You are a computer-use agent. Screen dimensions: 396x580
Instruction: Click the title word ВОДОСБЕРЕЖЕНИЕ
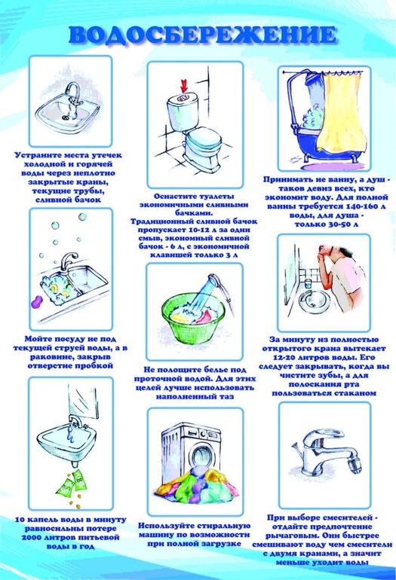tap(203, 35)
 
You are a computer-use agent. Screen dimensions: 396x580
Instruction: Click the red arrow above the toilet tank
tap(184, 84)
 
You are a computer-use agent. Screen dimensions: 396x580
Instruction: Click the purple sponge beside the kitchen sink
tap(37, 302)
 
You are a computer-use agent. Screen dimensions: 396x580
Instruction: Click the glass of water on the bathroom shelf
tap(308, 284)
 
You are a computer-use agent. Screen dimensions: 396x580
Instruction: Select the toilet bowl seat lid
tap(204, 139)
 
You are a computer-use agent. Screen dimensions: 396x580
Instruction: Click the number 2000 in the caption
tap(32, 537)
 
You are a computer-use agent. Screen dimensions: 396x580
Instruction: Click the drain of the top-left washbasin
tap(66, 118)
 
